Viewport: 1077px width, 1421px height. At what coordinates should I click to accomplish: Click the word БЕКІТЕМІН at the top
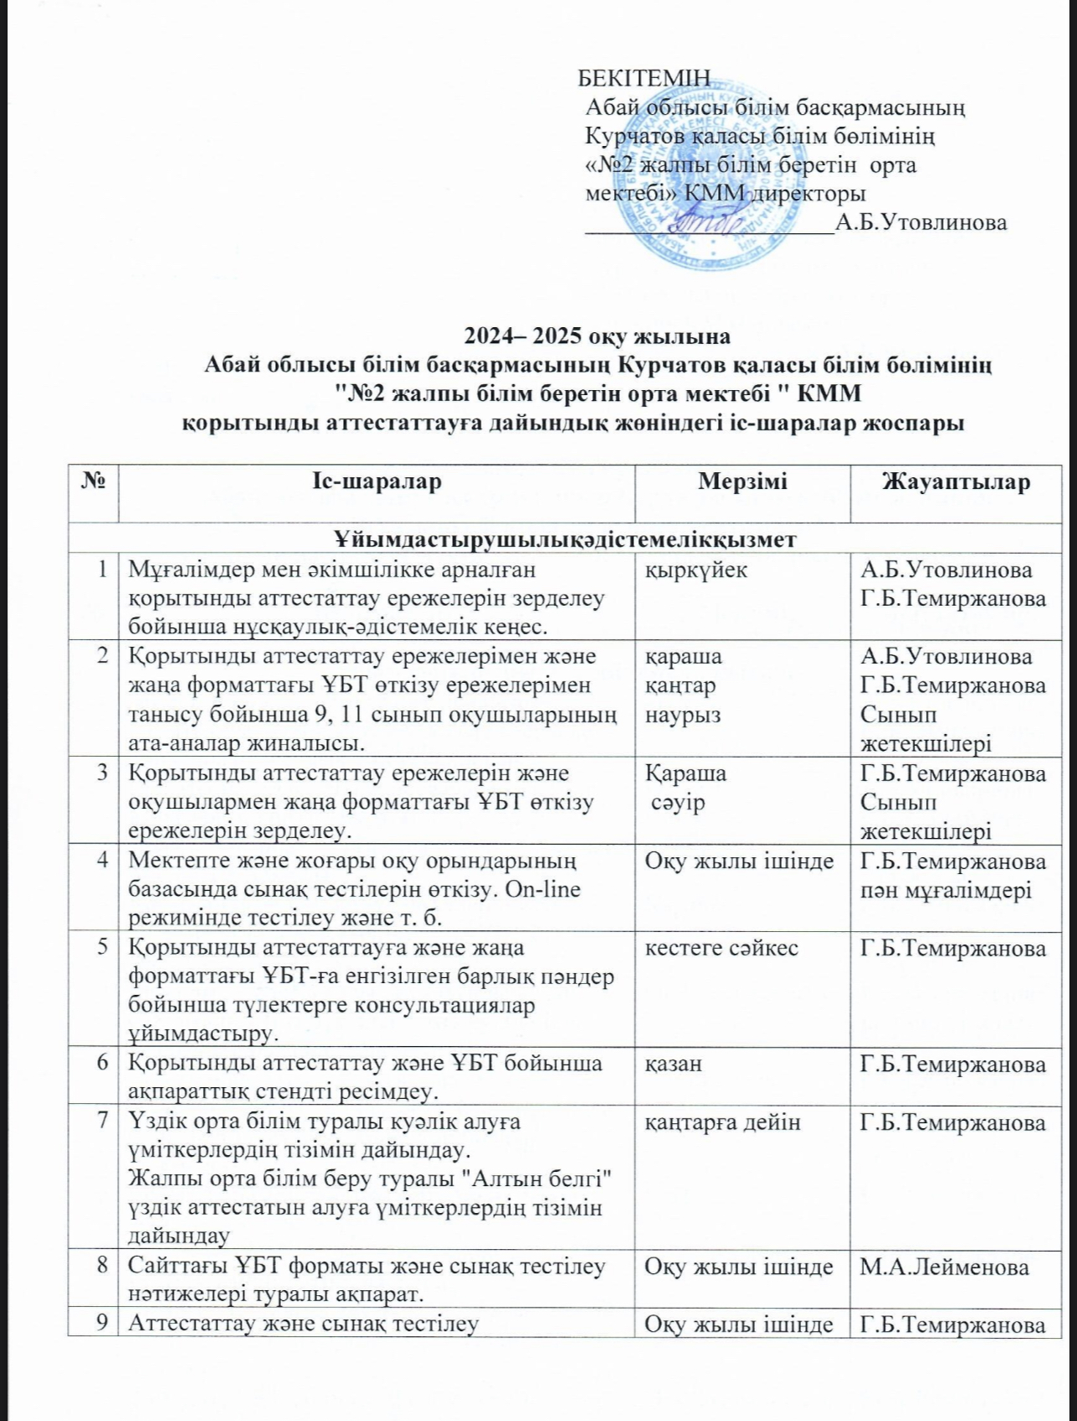pos(644,78)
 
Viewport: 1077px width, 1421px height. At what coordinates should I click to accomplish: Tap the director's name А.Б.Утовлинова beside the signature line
pos(921,222)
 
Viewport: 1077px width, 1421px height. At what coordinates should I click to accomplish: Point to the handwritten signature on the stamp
pos(704,221)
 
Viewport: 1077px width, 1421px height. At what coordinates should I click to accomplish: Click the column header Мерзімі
pos(742,481)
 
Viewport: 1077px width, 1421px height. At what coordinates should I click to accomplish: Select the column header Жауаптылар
pos(955,481)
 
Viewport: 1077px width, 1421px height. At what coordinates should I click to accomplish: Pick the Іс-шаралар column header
pos(376,481)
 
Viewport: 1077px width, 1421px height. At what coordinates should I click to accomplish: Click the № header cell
pos(93,481)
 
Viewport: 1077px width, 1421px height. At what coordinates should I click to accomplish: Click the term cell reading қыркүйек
pos(695,570)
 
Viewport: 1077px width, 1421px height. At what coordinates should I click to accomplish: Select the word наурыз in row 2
pos(682,715)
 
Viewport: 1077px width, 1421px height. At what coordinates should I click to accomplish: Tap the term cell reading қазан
pos(673,1064)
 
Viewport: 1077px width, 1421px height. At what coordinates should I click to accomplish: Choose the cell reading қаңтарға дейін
pos(722,1122)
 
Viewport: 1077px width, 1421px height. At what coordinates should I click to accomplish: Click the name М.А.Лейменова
pos(944,1267)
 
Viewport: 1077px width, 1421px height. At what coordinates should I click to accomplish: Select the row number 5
pos(102,948)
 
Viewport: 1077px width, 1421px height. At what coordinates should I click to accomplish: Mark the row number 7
pos(102,1122)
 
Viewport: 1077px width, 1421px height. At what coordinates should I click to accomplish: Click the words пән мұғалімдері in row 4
pos(946,891)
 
